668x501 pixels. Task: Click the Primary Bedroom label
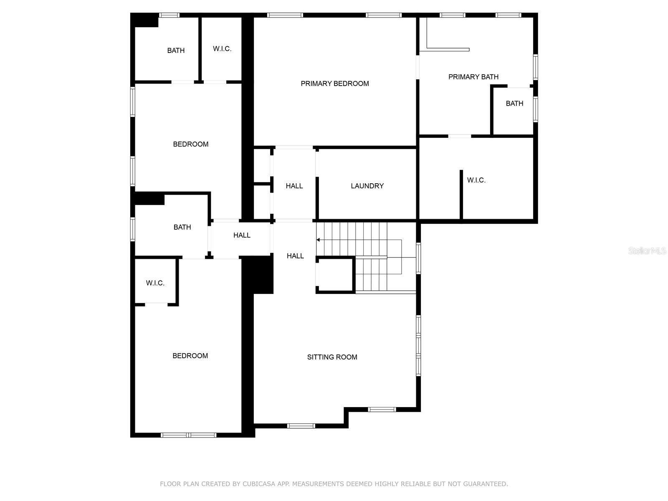pos(335,83)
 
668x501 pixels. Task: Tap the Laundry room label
pos(367,186)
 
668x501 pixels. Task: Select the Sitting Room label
pos(332,357)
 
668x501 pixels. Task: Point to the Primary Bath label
pos(473,77)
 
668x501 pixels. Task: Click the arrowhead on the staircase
pos(318,240)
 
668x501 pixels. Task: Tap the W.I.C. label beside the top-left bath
pos(222,49)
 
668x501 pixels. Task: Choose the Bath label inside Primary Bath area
pos(514,104)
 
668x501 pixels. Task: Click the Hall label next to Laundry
pos(294,186)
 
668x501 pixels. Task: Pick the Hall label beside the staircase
pos(295,256)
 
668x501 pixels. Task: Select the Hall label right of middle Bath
pos(242,235)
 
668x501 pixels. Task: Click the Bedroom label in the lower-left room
pos(190,356)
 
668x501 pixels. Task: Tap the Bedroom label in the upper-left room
pos(191,144)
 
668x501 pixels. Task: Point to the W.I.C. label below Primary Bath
pos(476,180)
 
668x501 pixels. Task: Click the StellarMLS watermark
pos(648,251)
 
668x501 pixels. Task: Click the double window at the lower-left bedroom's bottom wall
pos(189,435)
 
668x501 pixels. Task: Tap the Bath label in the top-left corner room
pos(176,51)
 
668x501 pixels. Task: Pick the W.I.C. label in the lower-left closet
pos(155,283)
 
